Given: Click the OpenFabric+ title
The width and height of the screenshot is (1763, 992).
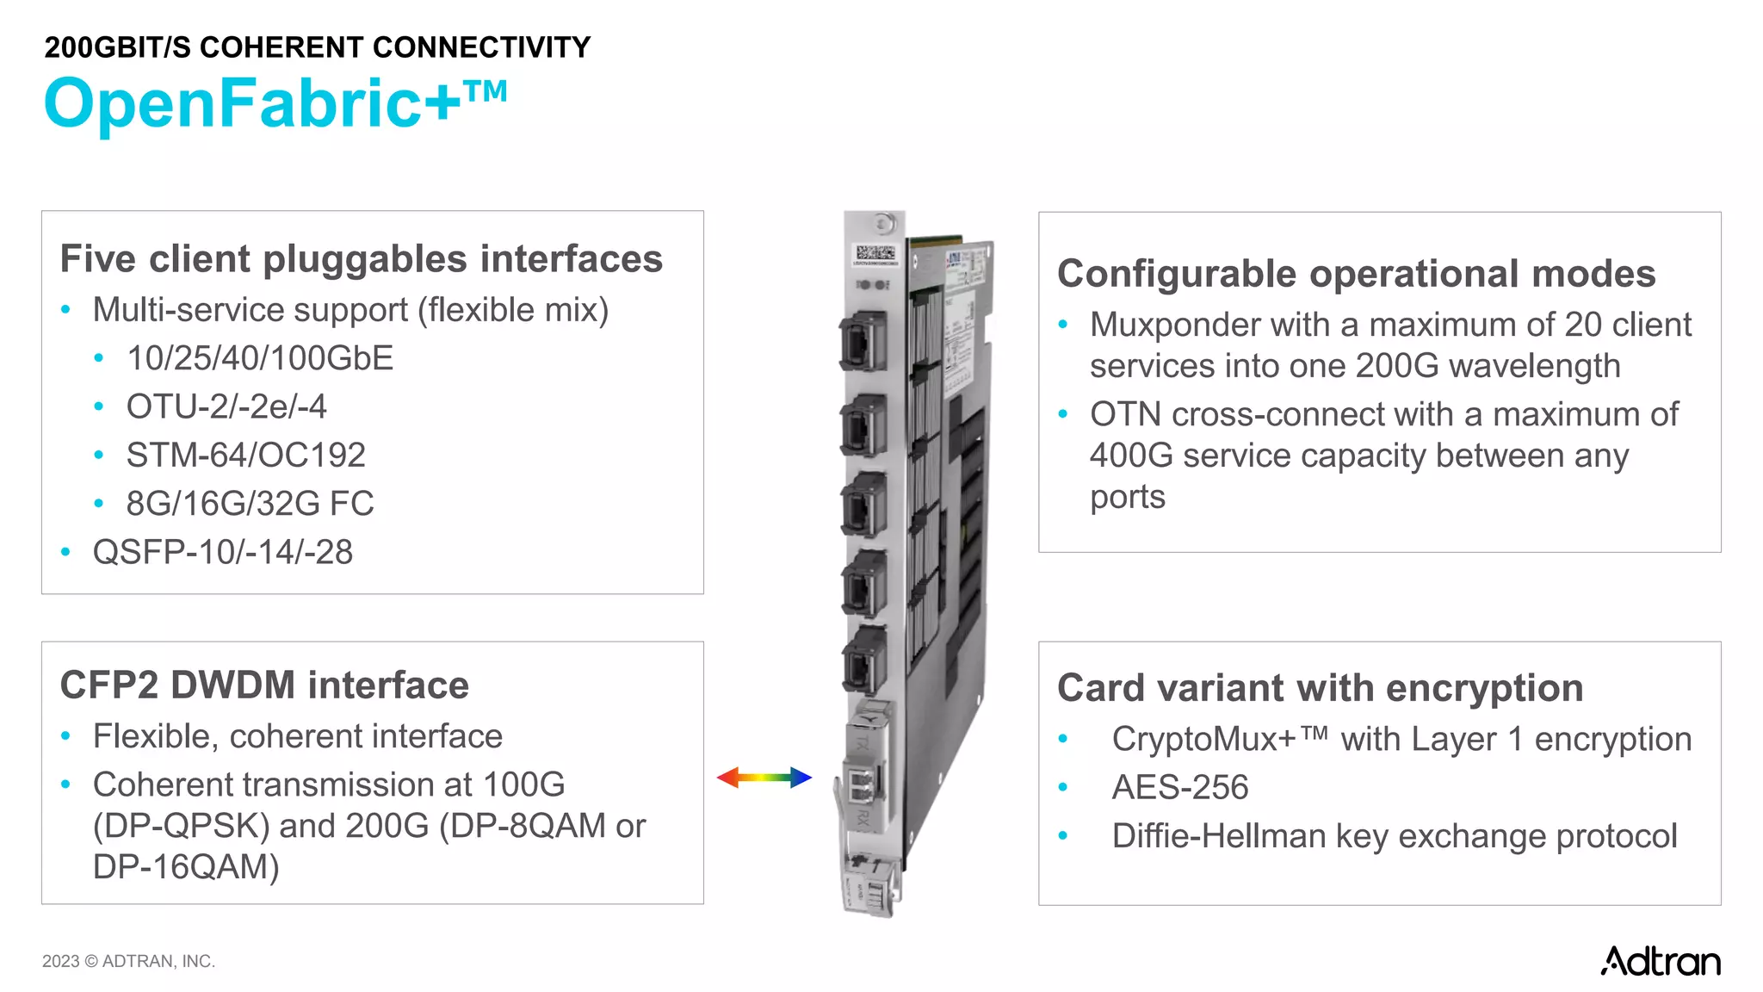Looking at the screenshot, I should [x=275, y=103].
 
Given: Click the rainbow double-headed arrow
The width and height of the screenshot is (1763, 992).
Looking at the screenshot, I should [x=764, y=778].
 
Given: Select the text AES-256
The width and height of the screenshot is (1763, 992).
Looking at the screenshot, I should [x=1179, y=787].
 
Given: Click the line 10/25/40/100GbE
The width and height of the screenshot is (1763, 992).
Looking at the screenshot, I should [x=259, y=358].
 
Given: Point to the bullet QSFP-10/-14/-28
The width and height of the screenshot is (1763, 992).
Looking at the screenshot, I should [x=222, y=552].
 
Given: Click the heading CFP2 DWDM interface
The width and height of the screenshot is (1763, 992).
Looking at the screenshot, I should [x=264, y=685].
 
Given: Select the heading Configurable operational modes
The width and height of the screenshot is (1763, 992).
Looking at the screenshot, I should [x=1356, y=274].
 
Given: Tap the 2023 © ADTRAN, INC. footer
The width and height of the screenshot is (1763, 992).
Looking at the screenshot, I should [x=128, y=961].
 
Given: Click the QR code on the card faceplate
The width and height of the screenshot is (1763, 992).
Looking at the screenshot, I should [x=875, y=253].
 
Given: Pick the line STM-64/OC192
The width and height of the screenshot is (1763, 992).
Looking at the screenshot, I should [x=245, y=455].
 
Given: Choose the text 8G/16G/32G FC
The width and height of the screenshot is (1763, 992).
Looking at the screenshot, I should [x=250, y=504].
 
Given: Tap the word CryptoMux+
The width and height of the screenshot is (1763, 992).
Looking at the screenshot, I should [x=1203, y=739].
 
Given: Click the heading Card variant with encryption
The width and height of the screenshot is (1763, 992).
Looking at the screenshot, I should [x=1320, y=688].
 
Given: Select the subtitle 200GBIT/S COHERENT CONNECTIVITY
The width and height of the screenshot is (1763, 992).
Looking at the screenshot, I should [x=317, y=47].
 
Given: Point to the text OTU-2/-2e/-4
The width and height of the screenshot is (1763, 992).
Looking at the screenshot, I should [x=226, y=406].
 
